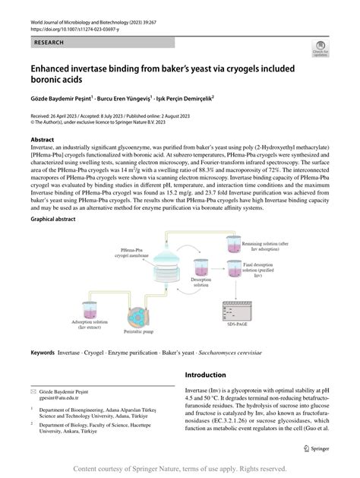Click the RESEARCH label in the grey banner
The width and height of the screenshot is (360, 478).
click(49, 43)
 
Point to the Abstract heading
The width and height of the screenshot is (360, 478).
click(42, 141)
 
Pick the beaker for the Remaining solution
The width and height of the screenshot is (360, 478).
click(232, 244)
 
